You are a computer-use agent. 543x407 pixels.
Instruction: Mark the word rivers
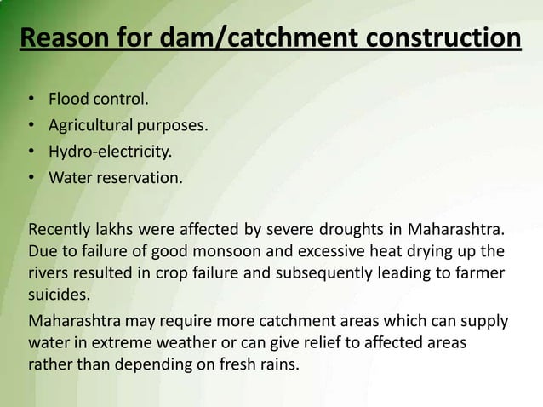click(49, 273)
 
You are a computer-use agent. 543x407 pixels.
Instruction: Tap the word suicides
click(58, 295)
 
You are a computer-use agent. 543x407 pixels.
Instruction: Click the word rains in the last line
click(280, 365)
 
